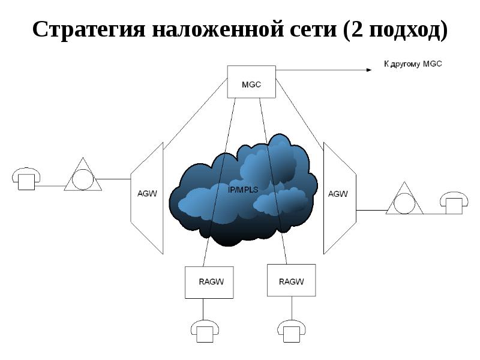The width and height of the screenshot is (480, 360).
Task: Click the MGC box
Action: pyautogui.click(x=251, y=82)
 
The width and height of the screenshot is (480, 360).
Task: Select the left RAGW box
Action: pyautogui.click(x=209, y=282)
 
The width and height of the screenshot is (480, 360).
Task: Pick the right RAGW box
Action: pyautogui.click(x=292, y=280)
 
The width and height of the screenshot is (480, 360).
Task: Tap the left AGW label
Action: pyautogui.click(x=147, y=193)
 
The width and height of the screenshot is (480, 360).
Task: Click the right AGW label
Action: pyautogui.click(x=338, y=194)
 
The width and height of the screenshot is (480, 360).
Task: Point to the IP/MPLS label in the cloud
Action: pyautogui.click(x=243, y=190)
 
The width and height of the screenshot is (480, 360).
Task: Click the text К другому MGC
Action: pyautogui.click(x=413, y=64)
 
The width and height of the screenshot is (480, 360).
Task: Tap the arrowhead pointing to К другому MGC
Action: pyautogui.click(x=369, y=70)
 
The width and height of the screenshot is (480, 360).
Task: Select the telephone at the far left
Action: pyautogui.click(x=26, y=179)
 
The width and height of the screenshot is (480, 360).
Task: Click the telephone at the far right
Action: pyautogui.click(x=454, y=203)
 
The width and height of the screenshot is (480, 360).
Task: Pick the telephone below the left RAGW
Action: pyautogui.click(x=205, y=331)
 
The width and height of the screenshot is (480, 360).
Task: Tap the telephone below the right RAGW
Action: pyautogui.click(x=292, y=331)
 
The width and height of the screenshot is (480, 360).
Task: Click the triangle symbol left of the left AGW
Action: pyautogui.click(x=83, y=175)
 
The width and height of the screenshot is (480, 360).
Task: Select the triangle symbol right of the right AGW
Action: pyautogui.click(x=404, y=198)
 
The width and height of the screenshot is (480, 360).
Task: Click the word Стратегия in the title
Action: pyautogui.click(x=89, y=29)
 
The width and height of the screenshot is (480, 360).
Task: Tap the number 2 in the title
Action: pyautogui.click(x=357, y=29)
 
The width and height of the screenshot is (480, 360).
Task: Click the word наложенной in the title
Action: pyautogui.click(x=218, y=30)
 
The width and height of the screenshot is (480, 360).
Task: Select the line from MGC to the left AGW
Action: pyautogui.click(x=196, y=114)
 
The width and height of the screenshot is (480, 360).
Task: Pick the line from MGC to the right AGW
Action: pyautogui.click(x=299, y=114)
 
